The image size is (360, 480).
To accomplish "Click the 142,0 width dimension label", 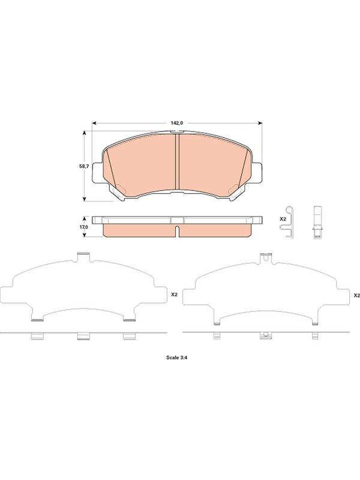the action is pos(177,123).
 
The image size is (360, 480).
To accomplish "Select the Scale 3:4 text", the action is pos(176,357).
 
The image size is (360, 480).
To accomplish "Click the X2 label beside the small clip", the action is pos(283,219).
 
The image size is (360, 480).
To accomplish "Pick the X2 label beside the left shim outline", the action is pos(174,295).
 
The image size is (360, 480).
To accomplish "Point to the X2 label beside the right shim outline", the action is pos(356,295).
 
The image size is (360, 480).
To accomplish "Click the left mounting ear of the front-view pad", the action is pos(97,173).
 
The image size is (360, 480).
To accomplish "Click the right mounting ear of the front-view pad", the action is pos(257,173).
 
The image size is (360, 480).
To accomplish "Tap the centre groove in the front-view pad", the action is pos(176,161).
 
